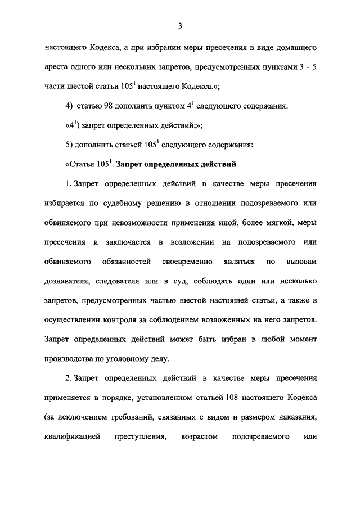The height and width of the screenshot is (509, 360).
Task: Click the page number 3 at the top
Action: [180, 25]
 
